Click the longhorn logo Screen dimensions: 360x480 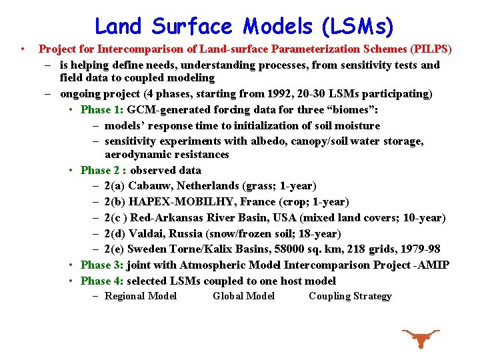pos(420,338)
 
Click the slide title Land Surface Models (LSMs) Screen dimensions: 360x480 pos(244,27)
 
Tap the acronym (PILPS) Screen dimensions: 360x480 pos(431,49)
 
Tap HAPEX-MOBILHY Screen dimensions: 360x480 pos(174,202)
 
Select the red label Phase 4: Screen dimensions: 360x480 pos(102,281)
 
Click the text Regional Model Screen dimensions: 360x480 pos(141,297)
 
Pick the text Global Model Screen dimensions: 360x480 pos(243,297)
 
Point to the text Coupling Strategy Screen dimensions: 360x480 pos(350,297)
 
